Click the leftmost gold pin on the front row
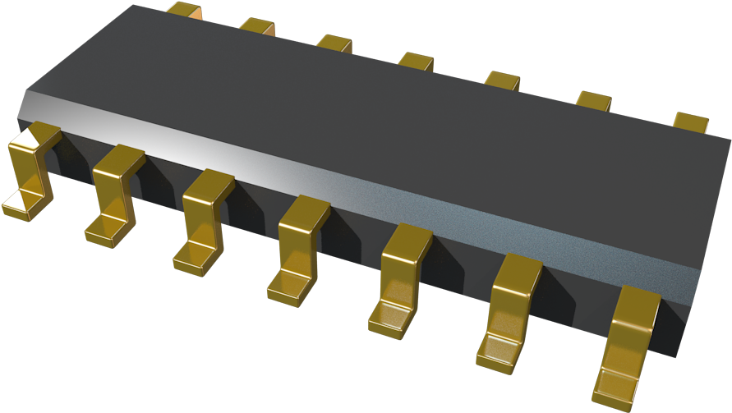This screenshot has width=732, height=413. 31,168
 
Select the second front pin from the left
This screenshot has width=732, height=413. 115,193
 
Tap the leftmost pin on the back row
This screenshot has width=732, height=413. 184,10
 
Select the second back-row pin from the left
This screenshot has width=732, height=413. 257,26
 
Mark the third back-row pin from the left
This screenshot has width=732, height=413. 334,43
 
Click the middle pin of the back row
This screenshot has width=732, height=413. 416,61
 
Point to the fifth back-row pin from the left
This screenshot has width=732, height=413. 502,80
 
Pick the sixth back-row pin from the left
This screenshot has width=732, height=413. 593,100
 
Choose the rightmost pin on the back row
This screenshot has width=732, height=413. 691,122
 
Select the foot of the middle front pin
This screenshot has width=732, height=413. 289,286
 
